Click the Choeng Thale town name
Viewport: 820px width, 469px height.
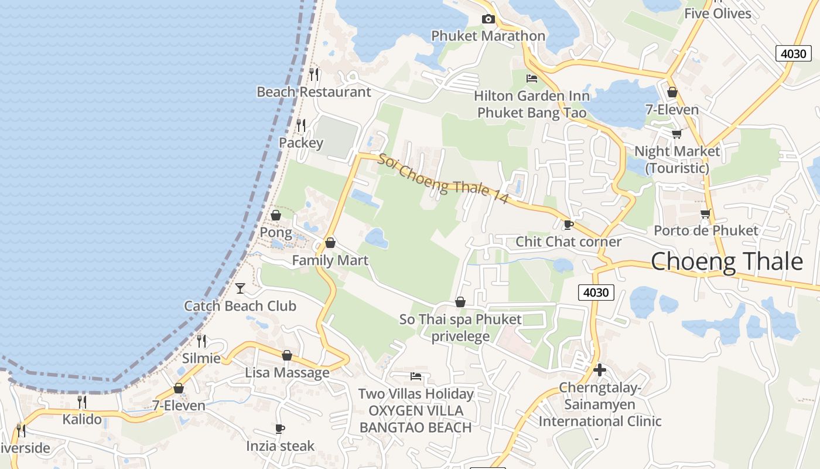[x=726, y=261]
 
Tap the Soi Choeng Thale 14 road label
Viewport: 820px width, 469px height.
[x=443, y=178]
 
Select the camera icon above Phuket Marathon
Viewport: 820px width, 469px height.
[x=488, y=19]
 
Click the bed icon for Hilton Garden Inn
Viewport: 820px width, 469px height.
[x=532, y=78]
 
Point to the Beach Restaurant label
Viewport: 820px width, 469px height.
[x=313, y=92]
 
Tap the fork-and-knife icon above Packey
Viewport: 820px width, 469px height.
[x=301, y=125]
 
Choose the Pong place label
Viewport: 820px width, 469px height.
[x=275, y=232]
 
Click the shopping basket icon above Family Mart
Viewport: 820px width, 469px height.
[x=330, y=243]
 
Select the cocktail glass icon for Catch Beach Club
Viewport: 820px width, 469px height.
[x=240, y=288]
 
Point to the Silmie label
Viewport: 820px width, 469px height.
[x=201, y=358]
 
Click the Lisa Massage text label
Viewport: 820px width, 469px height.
[x=287, y=373]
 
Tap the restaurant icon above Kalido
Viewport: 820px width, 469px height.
[x=82, y=402]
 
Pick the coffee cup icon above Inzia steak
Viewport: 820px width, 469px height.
[x=280, y=429]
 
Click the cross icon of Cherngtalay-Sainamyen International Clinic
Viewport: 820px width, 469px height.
[x=599, y=370]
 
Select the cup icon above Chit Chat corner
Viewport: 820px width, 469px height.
[x=568, y=225]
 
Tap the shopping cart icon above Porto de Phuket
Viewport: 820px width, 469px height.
[x=705, y=213]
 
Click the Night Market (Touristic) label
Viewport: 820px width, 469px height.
[x=677, y=159]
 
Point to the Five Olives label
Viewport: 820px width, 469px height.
[x=717, y=13]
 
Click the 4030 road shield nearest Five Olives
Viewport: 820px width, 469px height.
[x=794, y=53]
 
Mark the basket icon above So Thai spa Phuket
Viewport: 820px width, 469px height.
[x=460, y=302]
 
